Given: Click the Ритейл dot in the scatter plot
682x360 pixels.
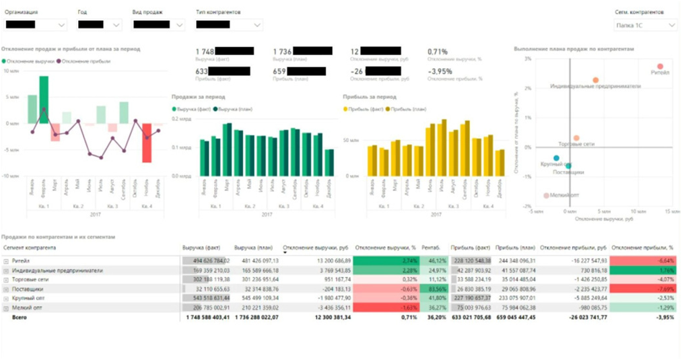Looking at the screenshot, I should [x=660, y=67].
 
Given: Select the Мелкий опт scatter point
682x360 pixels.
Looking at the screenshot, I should [x=546, y=196].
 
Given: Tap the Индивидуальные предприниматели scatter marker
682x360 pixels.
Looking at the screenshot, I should [x=595, y=80].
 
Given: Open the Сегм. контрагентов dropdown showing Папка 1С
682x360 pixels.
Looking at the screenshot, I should [x=645, y=25].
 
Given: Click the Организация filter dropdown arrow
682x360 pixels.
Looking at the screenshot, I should [x=63, y=25].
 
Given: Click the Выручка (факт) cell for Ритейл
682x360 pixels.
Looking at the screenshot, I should [x=206, y=260].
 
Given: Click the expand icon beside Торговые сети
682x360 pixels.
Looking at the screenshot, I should [x=6, y=279].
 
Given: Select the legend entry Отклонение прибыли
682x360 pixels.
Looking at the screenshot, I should [x=84, y=61].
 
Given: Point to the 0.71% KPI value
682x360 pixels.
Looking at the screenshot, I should [x=438, y=50].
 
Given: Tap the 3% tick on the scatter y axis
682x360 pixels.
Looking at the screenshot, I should [x=528, y=59].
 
